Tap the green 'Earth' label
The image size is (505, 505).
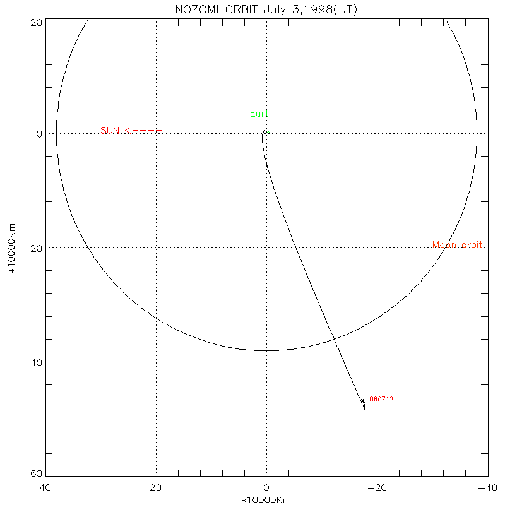pos(262,114)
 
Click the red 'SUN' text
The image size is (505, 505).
pos(110,131)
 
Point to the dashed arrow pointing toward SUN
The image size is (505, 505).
pos(143,131)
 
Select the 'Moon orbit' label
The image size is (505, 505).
pos(458,245)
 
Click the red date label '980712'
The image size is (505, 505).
pos(381,399)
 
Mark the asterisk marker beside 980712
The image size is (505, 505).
pos(363,401)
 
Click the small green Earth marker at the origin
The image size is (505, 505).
pos(268,132)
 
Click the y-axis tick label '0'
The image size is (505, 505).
pos(39,134)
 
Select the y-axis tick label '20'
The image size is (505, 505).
pos(36,248)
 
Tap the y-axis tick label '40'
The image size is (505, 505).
pos(36,362)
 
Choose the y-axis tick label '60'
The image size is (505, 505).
pos(36,475)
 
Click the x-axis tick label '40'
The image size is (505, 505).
pos(45,488)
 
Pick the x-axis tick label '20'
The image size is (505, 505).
pos(156,488)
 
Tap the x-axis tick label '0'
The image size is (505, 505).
pos(266,488)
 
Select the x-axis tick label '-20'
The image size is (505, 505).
pos(377,488)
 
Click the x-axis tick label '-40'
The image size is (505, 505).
pos(485,488)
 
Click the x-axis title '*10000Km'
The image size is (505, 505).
pos(266,500)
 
